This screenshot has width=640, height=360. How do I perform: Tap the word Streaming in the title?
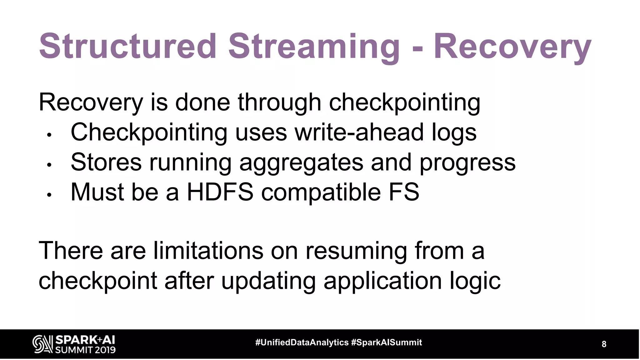314,47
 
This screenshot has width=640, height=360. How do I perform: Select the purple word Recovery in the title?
512,47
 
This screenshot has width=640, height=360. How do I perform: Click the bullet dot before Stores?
49,165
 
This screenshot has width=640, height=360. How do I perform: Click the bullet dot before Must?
49,195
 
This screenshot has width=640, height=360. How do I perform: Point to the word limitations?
208,251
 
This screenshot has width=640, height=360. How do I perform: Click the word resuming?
356,251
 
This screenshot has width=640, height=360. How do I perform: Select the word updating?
268,281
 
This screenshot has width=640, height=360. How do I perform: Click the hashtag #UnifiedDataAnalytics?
302,342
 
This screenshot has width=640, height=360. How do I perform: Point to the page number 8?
604,344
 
